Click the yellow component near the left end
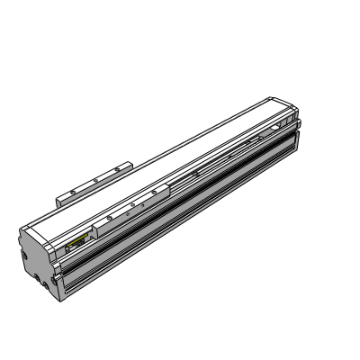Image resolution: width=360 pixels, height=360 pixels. tap(76, 242)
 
